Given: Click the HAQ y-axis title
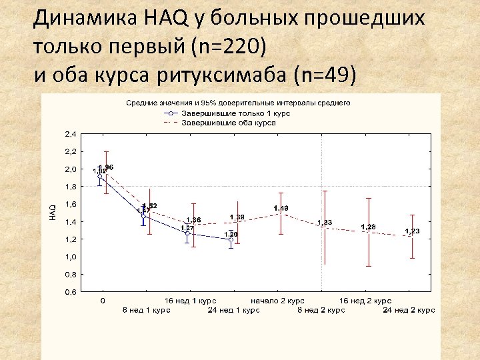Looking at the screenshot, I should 53,212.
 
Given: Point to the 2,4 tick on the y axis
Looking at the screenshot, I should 70,134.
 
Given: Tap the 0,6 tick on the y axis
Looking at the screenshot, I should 70,292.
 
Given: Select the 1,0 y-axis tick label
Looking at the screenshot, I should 70,257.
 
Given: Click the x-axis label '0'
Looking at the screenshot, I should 102,301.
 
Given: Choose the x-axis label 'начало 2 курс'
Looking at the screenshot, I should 278,301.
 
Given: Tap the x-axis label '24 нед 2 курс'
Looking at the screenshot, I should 409,310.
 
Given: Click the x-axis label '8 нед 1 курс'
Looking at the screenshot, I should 146,310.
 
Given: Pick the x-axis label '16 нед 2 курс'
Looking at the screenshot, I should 365,301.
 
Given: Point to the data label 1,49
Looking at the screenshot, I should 281,209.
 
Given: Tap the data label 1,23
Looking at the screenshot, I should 412,231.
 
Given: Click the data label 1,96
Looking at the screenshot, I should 106,167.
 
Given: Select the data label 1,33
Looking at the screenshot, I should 325,222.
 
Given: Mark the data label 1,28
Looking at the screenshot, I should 368,227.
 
